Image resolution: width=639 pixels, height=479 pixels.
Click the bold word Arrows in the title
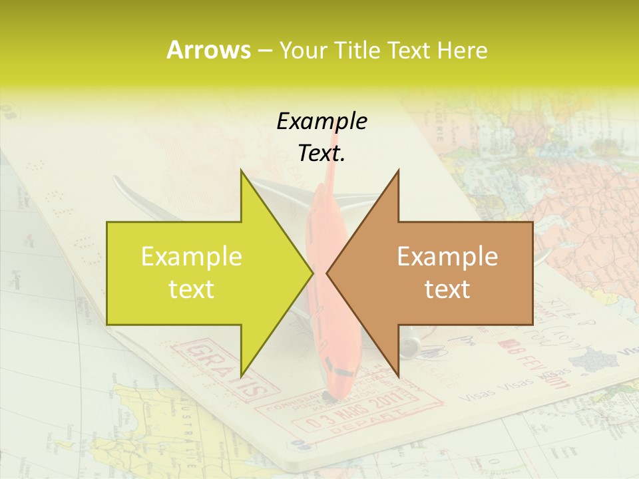(208, 50)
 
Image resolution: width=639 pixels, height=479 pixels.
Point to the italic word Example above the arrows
(321, 121)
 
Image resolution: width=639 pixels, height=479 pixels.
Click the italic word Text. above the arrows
(321, 154)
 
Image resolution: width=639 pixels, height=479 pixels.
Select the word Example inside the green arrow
(192, 256)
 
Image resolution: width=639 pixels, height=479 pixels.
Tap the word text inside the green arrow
(192, 289)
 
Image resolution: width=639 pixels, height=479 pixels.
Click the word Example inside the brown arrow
(447, 256)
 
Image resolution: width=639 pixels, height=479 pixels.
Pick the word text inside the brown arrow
(447, 289)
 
